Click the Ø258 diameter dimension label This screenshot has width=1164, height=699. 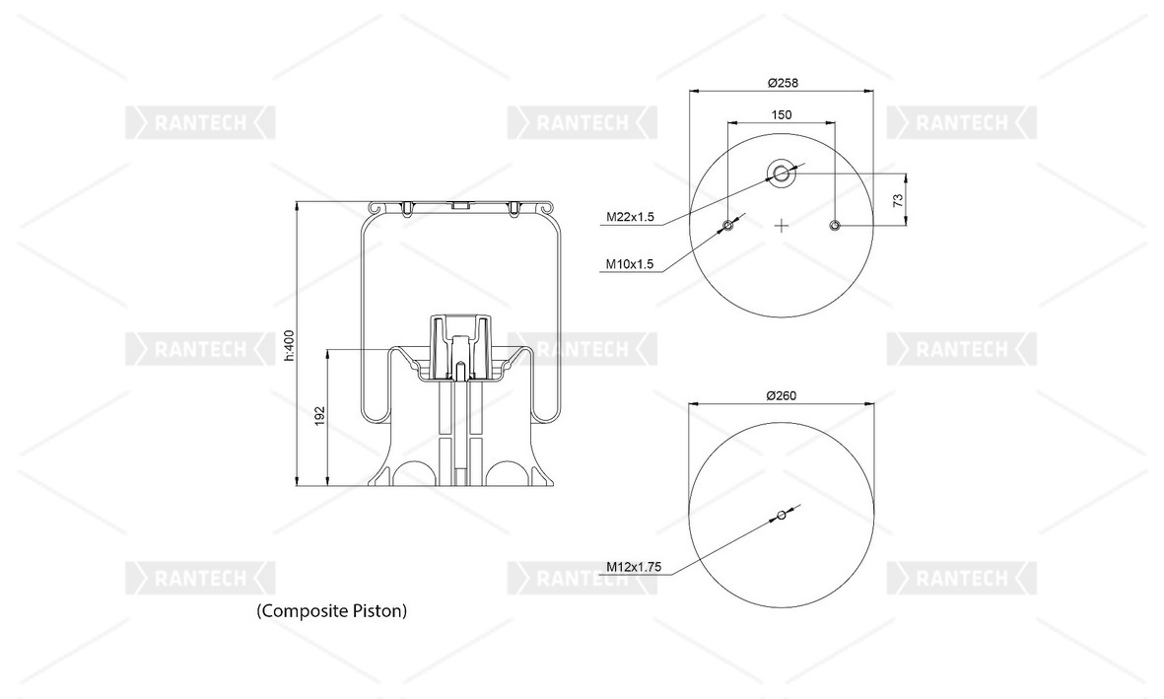(783, 83)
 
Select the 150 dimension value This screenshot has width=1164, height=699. (782, 115)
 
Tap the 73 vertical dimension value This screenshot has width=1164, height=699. (898, 200)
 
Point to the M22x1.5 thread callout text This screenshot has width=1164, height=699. (630, 217)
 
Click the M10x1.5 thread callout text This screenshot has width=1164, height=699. (630, 263)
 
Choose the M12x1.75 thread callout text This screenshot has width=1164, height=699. (633, 567)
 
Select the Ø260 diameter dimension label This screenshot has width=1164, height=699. (782, 396)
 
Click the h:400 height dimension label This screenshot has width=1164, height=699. (290, 346)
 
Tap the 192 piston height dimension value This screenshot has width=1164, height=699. (320, 416)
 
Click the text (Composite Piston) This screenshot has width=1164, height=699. (332, 610)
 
